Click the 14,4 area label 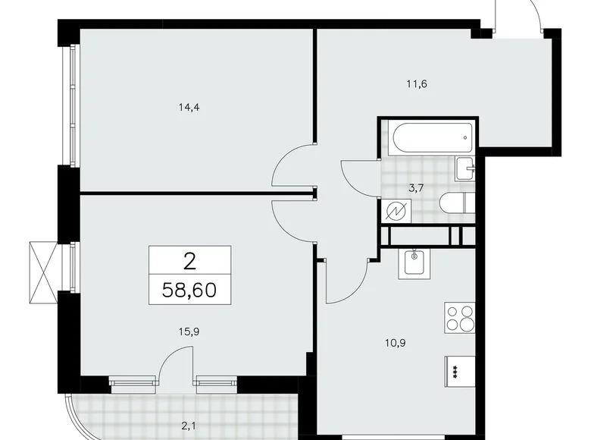[189, 108]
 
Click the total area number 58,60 [189, 290]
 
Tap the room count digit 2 [189, 261]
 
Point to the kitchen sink [414, 262]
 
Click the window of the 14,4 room [73, 105]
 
